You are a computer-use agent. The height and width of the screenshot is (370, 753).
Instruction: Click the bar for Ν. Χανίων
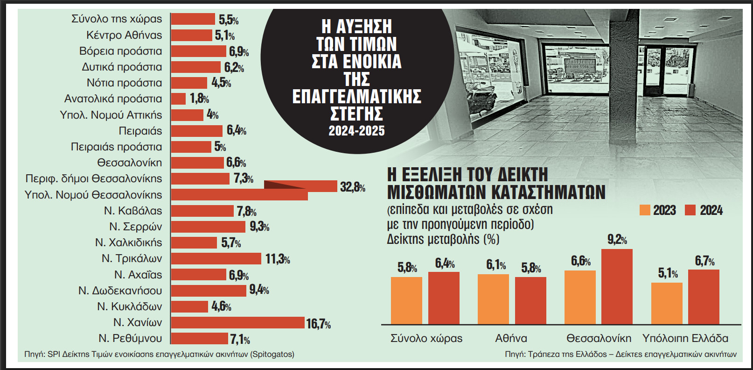click(237, 322)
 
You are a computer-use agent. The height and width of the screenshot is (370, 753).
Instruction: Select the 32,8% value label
click(352, 187)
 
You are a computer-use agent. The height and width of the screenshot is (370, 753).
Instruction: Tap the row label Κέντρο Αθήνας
click(124, 35)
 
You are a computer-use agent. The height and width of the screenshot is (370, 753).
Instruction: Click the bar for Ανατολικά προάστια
click(178, 99)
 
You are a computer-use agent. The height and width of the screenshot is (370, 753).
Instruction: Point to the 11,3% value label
click(278, 259)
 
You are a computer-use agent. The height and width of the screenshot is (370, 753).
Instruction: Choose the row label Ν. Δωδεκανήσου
click(120, 291)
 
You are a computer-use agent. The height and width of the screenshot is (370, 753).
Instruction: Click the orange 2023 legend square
click(645, 210)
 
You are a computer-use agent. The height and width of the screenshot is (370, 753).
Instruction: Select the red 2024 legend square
click(690, 210)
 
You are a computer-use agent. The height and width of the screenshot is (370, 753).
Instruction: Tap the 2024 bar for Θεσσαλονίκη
click(617, 286)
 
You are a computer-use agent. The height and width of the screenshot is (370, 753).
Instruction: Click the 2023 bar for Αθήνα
click(493, 299)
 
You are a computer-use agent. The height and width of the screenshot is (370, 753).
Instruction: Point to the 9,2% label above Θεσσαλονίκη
click(617, 240)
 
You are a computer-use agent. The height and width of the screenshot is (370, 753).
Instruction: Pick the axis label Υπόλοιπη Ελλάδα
click(685, 338)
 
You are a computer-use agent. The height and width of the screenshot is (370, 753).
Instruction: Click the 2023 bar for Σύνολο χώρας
click(406, 300)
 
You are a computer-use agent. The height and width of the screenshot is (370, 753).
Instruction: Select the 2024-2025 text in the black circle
click(356, 131)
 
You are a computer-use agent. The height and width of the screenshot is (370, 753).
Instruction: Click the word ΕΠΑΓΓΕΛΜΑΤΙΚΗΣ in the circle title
click(356, 97)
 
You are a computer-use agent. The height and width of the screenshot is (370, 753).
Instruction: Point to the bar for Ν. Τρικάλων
click(216, 258)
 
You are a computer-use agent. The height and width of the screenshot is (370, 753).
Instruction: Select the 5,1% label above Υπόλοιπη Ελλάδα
click(668, 273)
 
